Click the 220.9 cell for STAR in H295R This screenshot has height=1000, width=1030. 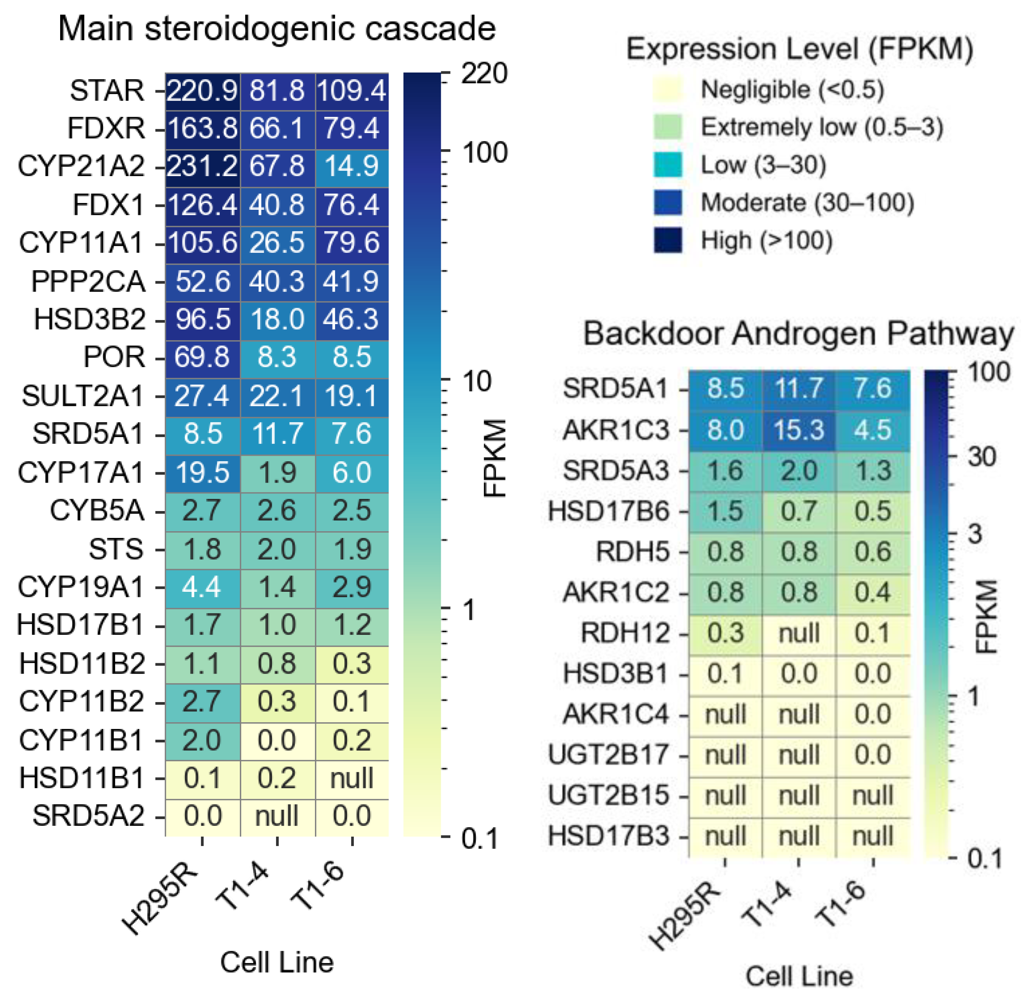click(202, 91)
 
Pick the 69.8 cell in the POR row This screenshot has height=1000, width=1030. click(202, 357)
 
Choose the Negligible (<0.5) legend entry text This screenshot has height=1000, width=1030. click(792, 90)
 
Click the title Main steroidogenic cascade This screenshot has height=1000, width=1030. click(277, 28)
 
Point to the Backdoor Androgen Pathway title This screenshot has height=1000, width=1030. click(798, 334)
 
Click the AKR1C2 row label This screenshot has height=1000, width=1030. click(616, 593)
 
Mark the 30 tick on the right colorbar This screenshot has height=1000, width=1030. click(982, 457)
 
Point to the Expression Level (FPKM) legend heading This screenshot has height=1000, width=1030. click(799, 49)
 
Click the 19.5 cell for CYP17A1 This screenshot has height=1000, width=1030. click(202, 473)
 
